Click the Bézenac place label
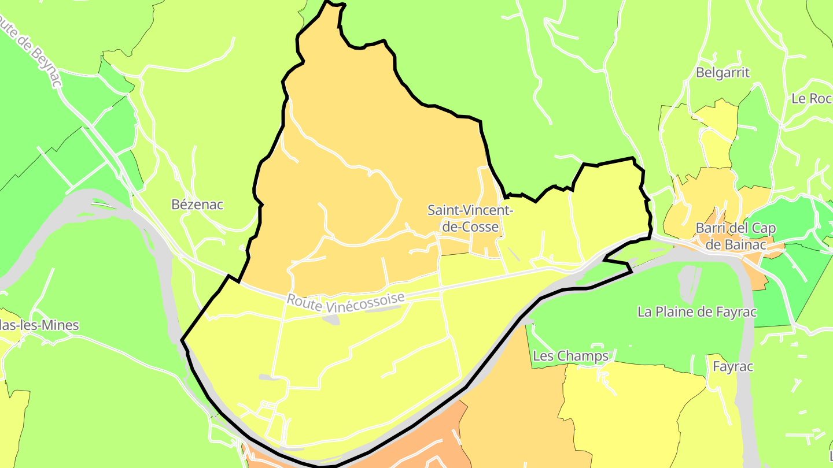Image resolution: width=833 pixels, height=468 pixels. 197,205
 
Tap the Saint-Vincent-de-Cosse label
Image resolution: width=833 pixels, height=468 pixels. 470,218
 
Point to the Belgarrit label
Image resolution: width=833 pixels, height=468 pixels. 723,73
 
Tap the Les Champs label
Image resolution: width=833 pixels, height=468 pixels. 570,356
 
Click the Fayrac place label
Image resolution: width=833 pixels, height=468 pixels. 733,366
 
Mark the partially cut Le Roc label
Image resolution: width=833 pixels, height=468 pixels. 812,98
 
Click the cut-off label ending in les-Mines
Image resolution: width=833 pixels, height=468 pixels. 39,325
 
